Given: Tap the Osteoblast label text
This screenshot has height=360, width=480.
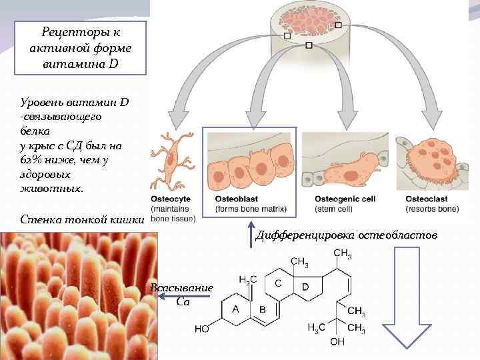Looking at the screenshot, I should (237, 199).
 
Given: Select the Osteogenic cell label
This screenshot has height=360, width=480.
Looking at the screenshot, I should (345, 199).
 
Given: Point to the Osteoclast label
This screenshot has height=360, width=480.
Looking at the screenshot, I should (427, 199).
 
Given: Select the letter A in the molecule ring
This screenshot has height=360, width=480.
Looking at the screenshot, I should (235, 308).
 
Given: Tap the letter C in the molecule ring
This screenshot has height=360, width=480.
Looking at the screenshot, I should (279, 283).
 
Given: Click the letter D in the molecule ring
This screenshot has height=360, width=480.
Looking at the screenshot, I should (305, 287).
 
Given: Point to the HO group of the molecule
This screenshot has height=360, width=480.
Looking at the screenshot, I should (202, 329).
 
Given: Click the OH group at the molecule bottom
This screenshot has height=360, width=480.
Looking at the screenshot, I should (338, 342).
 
